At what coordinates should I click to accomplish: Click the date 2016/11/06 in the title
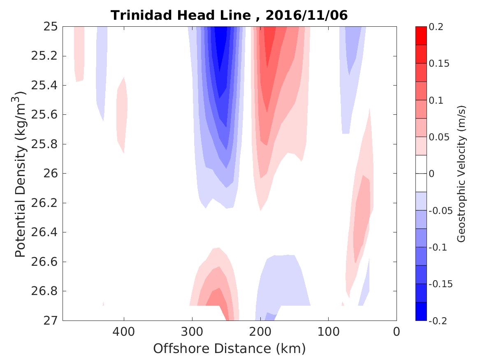[306, 15]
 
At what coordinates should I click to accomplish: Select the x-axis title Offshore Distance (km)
[229, 348]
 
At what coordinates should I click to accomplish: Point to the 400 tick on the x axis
[123, 331]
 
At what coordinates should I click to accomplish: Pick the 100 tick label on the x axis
[328, 331]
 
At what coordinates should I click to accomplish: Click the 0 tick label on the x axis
[397, 331]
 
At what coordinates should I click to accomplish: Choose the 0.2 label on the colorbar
[437, 27]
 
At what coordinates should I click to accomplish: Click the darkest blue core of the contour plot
[221, 45]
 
